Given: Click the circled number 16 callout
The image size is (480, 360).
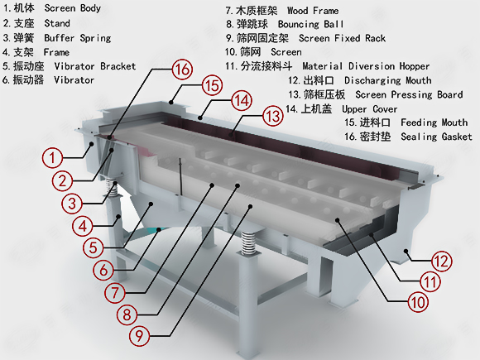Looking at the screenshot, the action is pyautogui.click(x=182, y=70).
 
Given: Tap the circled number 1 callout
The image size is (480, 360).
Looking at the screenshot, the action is pyautogui.click(x=52, y=158).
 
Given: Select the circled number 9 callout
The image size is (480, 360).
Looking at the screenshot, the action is pyautogui.click(x=140, y=336).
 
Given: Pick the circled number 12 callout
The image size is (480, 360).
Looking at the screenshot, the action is pyautogui.click(x=441, y=262).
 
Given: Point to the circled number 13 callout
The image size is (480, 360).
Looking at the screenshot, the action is pyautogui.click(x=273, y=117).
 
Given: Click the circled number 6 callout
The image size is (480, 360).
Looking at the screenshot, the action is pyautogui.click(x=103, y=271).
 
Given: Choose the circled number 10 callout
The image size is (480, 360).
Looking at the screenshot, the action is pyautogui.click(x=418, y=302).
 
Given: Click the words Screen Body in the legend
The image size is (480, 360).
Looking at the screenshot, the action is pyautogui.click(x=73, y=8).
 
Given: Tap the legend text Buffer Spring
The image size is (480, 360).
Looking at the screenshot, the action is pyautogui.click(x=78, y=38).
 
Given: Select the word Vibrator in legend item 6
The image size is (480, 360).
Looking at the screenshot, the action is pyautogui.click(x=74, y=80).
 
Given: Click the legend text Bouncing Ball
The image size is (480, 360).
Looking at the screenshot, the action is pyautogui.click(x=310, y=24).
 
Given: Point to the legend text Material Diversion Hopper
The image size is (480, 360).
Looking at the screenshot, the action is pyautogui.click(x=366, y=66).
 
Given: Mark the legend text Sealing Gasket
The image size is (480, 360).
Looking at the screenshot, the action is pyautogui.click(x=436, y=137).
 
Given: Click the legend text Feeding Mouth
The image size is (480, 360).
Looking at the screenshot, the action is pyautogui.click(x=434, y=122).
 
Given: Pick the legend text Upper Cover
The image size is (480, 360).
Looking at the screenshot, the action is pyautogui.click(x=370, y=109).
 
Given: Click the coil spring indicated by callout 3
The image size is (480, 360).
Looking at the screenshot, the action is pyautogui.click(x=113, y=187).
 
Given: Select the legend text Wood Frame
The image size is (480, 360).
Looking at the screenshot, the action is pyautogui.click(x=313, y=11).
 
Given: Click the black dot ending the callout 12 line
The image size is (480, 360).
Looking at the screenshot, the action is pyautogui.click(x=406, y=251).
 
